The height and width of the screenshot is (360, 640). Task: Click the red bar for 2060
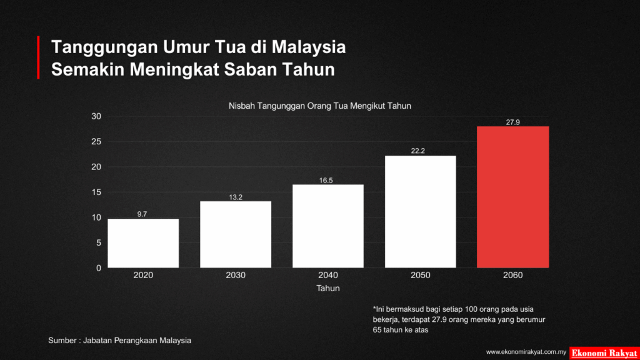coord(512,197)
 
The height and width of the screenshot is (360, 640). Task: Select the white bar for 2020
coord(143,243)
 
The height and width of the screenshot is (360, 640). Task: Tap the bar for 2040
coord(327,226)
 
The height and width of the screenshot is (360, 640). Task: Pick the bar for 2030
coord(236,234)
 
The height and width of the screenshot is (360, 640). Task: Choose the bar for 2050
coord(420,212)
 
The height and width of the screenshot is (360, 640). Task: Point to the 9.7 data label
coord(142,214)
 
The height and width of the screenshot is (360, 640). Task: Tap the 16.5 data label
coord(327,180)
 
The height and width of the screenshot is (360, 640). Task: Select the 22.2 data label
coord(420,151)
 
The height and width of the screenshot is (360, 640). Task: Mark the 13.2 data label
coord(236,197)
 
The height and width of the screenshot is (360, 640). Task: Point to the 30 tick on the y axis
coord(96,116)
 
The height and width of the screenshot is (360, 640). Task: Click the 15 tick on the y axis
coord(96,192)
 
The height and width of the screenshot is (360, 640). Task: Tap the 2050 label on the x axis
coord(420,275)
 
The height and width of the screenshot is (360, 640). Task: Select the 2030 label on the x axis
coord(236,275)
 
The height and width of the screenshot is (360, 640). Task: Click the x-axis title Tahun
coord(327,289)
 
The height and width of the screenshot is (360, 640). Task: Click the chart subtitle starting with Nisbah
coord(319,106)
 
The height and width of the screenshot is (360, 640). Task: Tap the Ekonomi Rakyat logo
coord(604,352)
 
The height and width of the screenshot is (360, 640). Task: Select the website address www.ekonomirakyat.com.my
coord(526,352)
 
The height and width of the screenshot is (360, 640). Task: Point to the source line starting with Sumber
coord(119,341)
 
